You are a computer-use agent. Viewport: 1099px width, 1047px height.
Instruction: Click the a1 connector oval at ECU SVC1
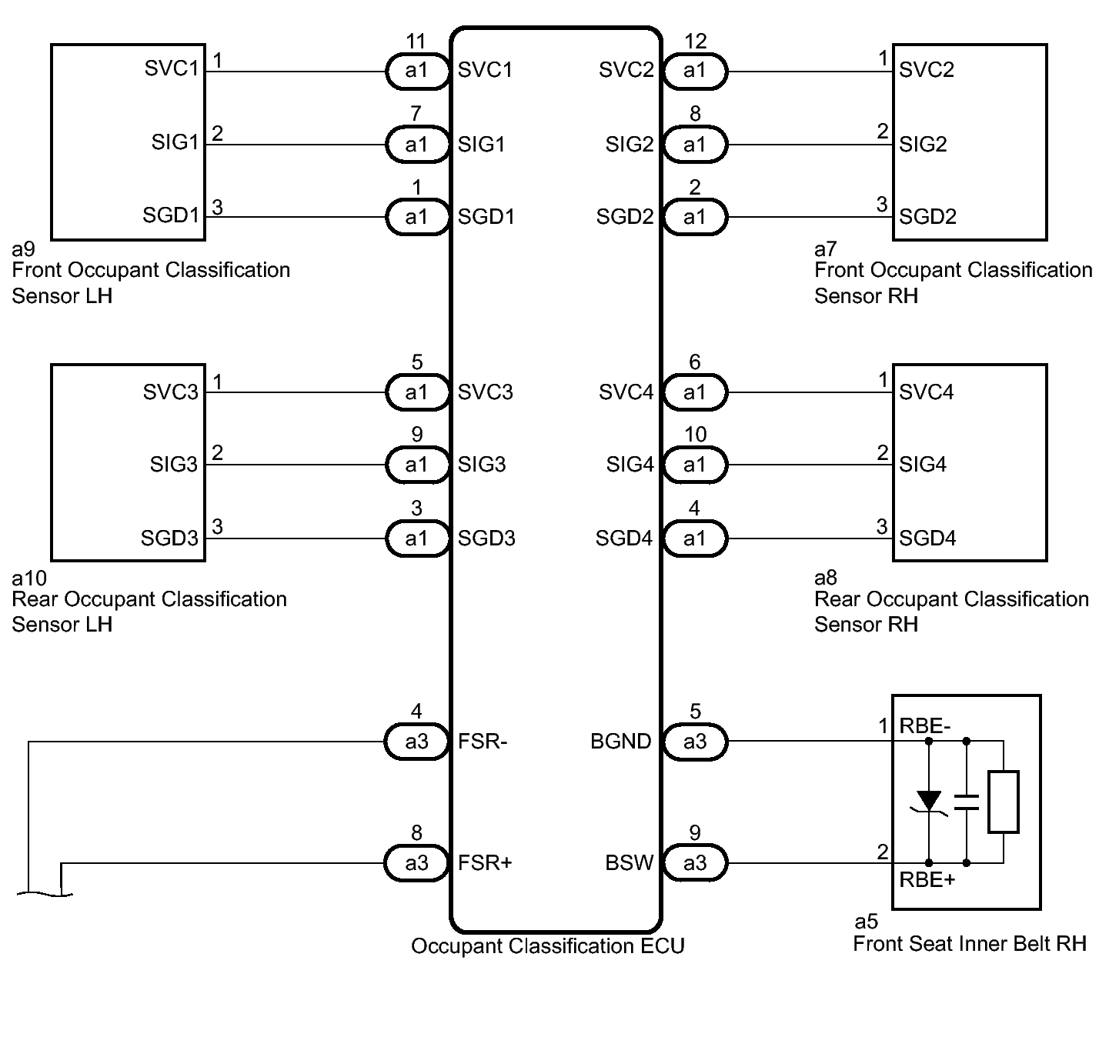coord(417,71)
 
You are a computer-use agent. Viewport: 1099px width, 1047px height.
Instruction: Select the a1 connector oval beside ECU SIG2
coord(695,145)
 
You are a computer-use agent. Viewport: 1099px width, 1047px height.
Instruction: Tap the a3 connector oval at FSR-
coord(416,742)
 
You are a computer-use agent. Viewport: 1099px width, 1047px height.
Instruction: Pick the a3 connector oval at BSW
coord(695,862)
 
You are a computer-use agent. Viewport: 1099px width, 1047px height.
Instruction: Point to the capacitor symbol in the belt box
coord(967,802)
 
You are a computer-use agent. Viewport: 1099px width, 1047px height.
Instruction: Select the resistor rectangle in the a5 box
coord(1004,802)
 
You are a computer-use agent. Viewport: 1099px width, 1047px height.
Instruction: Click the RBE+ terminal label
coord(927,880)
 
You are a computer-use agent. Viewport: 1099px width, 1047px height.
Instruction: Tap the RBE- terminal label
coord(924,725)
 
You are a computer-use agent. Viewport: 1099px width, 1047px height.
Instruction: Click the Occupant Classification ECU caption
coord(548,945)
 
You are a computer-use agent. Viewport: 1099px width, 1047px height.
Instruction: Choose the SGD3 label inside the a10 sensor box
coord(169,538)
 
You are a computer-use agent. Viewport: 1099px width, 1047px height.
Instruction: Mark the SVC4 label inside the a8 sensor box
coord(927,392)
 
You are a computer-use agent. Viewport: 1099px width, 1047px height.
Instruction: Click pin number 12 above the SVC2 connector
coord(696,41)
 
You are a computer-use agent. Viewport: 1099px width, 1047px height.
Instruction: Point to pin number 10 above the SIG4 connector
coord(696,435)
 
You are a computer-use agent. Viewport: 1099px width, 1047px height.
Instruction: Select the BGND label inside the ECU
coord(621,742)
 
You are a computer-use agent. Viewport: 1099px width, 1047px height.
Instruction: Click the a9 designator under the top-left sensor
coord(24,248)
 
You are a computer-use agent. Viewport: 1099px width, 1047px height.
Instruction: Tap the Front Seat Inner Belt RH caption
coord(970,944)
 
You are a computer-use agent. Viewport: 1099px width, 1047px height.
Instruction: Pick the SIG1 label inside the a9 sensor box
coord(175,142)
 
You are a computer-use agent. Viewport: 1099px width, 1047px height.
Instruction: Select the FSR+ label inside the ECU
coord(485,862)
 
